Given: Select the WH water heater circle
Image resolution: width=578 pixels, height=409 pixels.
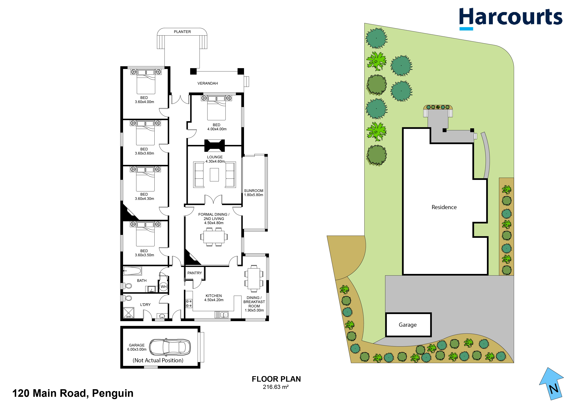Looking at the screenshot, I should click(164, 286).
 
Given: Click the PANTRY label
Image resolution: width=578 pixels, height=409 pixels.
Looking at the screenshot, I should click(194, 273).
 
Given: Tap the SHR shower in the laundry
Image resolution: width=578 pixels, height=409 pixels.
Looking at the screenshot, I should click(128, 313).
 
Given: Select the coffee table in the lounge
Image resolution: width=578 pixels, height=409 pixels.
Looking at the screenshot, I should click(214, 174).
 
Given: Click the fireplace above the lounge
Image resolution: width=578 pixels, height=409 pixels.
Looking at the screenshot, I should click(215, 146).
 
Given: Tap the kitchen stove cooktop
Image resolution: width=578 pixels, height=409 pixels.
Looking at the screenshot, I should click(189, 303).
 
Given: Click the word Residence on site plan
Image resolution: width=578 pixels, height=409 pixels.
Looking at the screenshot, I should click(444, 207).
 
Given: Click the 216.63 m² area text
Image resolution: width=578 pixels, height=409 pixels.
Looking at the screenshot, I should click(276, 387).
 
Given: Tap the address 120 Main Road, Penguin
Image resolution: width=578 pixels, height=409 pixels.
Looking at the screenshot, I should click(73, 393).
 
